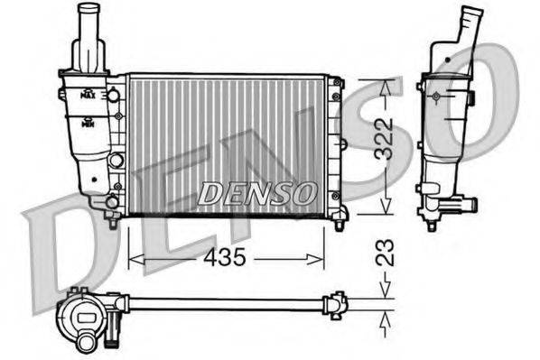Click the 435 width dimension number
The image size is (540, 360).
[x=225, y=258]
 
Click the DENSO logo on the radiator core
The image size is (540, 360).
[x=256, y=193]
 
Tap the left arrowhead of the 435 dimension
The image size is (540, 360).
[x=134, y=259]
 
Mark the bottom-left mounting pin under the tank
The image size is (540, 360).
[x=111, y=221]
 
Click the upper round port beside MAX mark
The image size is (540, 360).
[x=114, y=94]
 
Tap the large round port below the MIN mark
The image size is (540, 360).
[x=115, y=161]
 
